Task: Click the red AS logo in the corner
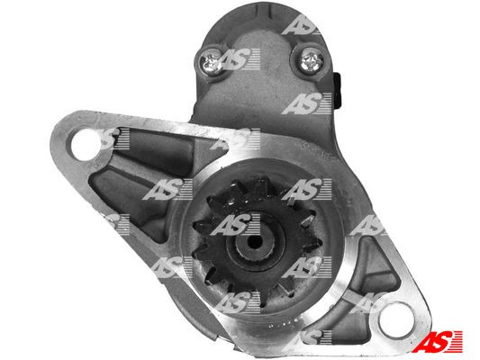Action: tap(442, 342)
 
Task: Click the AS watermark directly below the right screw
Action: tap(307, 105)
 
